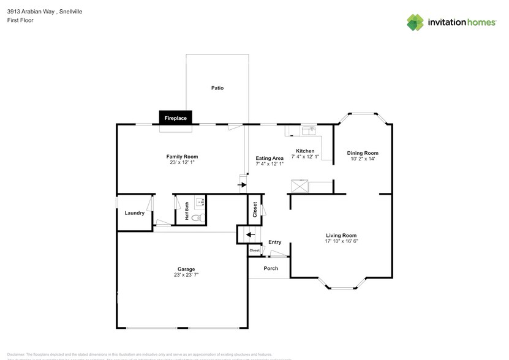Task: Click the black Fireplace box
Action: (x=176, y=118)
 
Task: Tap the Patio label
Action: (x=217, y=88)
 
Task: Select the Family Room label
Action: (x=182, y=157)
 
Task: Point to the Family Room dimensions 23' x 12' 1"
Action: (x=182, y=163)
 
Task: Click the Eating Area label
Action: (x=270, y=158)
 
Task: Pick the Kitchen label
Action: (x=305, y=151)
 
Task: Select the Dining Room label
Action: (x=363, y=153)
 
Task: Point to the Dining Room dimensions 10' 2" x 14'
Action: (x=363, y=159)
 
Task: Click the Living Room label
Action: (x=341, y=235)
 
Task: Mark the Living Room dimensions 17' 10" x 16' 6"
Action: (x=341, y=241)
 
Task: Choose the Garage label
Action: (x=186, y=269)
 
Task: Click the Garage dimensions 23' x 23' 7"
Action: (x=186, y=275)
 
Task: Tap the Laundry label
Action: (x=134, y=213)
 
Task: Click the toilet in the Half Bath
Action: (x=197, y=217)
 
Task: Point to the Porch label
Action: (x=270, y=268)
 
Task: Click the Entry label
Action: (x=274, y=242)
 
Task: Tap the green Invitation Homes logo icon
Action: (x=415, y=22)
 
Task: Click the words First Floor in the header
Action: (x=20, y=20)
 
